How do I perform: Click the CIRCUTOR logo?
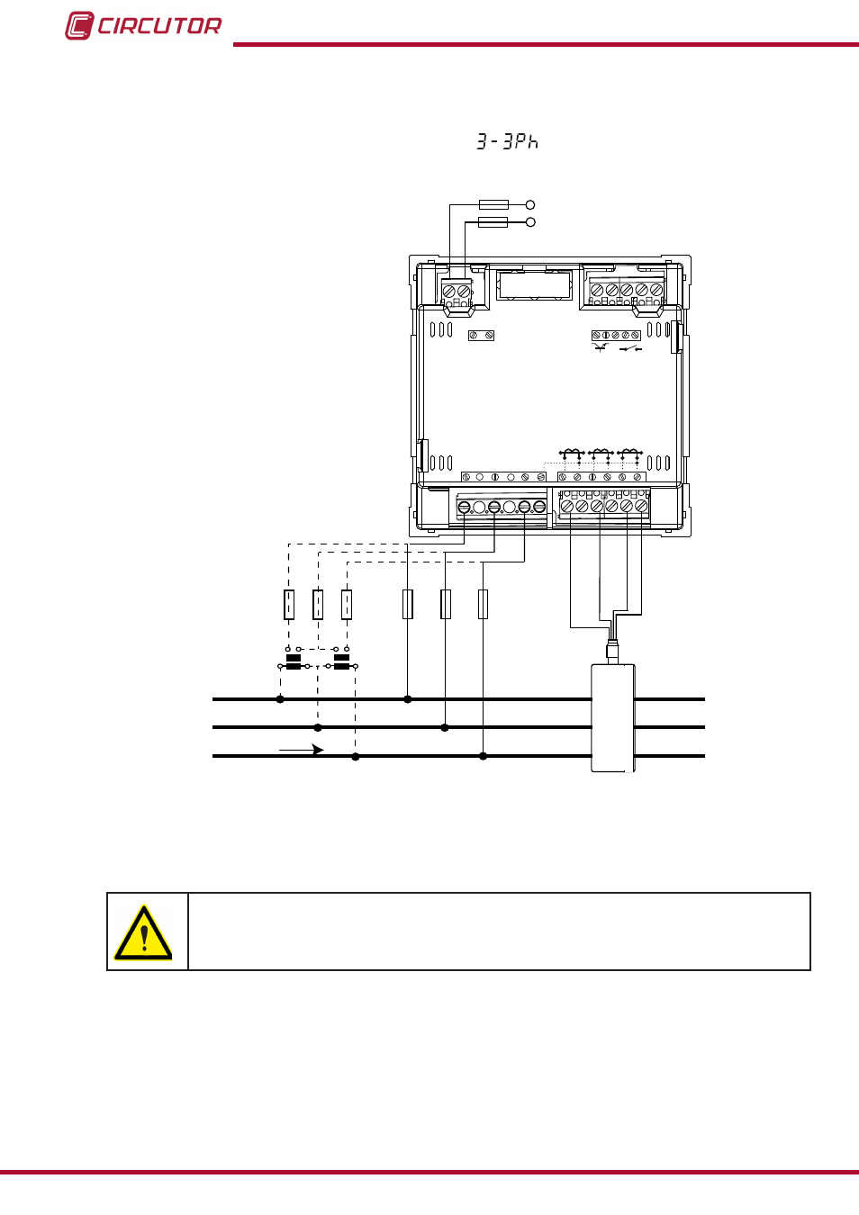(143, 25)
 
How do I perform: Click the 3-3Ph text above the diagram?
(507, 141)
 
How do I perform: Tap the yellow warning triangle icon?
(142, 931)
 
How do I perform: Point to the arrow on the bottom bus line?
(301, 750)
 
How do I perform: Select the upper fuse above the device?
(493, 204)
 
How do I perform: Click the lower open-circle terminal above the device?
(530, 221)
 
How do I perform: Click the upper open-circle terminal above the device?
(530, 204)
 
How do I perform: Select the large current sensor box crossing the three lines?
(612, 717)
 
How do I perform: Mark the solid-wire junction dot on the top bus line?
(408, 699)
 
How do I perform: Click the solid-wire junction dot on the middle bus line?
(445, 727)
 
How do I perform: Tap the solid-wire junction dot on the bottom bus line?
(483, 756)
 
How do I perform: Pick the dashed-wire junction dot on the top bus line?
(280, 699)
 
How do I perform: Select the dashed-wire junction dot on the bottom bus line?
(356, 757)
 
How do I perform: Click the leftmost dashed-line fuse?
(289, 604)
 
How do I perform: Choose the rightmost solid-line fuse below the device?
(483, 604)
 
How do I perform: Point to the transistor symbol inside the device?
(601, 347)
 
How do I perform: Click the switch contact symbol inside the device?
(630, 348)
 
